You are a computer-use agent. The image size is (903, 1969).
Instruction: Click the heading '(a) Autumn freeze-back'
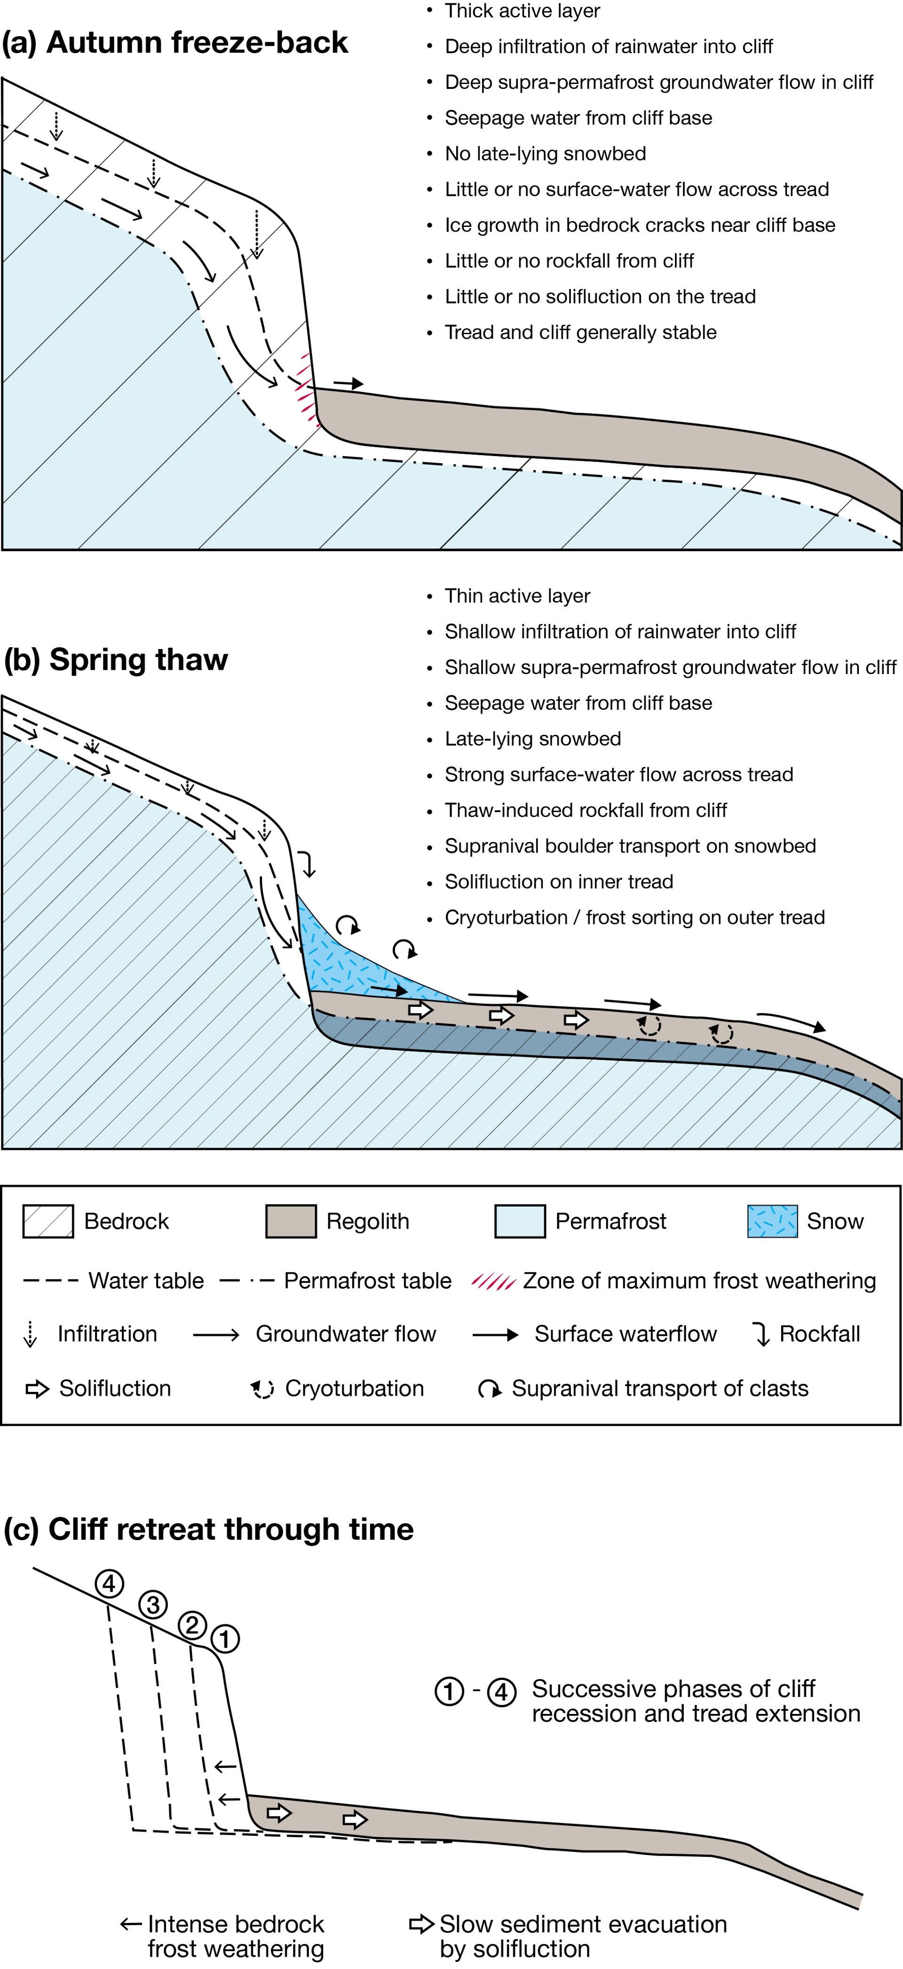175,43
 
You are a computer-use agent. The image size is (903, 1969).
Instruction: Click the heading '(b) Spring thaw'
116,659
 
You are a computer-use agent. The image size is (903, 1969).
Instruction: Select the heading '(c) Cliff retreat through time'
208,1529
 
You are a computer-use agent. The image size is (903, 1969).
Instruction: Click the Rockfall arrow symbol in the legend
761,1334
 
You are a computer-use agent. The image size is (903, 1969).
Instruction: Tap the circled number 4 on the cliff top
109,1584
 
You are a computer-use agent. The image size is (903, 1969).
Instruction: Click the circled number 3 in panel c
153,1604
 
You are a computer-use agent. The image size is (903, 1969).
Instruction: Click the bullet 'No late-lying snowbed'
545,153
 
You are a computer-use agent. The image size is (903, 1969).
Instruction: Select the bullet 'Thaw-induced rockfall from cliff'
585,810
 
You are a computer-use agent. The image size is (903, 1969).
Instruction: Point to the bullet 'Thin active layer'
517,595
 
